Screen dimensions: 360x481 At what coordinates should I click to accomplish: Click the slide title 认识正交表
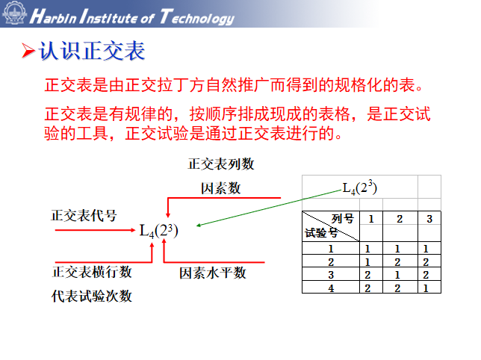tap(93, 51)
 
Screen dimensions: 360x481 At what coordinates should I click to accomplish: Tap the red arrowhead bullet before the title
tap(28, 52)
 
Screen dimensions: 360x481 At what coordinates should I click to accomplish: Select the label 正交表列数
tap(221, 164)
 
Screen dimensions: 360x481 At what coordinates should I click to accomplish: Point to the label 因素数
tap(221, 188)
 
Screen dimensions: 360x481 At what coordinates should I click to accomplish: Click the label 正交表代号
tap(84, 216)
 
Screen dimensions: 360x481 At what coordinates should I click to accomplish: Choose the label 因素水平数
tap(213, 273)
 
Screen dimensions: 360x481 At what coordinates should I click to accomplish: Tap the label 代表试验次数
tap(92, 296)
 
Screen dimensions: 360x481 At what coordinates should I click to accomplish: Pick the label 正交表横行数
tap(92, 273)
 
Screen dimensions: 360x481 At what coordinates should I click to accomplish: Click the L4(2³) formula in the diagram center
tap(159, 229)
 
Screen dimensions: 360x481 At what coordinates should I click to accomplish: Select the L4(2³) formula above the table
tap(359, 187)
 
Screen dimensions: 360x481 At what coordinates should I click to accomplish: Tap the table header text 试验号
tap(322, 232)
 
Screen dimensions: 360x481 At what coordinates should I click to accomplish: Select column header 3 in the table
tap(429, 219)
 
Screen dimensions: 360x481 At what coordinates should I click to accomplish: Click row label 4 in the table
tap(330, 288)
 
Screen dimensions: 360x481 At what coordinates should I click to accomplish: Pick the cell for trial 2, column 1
tap(368, 262)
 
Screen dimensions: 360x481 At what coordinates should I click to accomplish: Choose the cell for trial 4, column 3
tap(426, 288)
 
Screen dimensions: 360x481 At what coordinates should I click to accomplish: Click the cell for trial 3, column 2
tap(399, 275)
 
